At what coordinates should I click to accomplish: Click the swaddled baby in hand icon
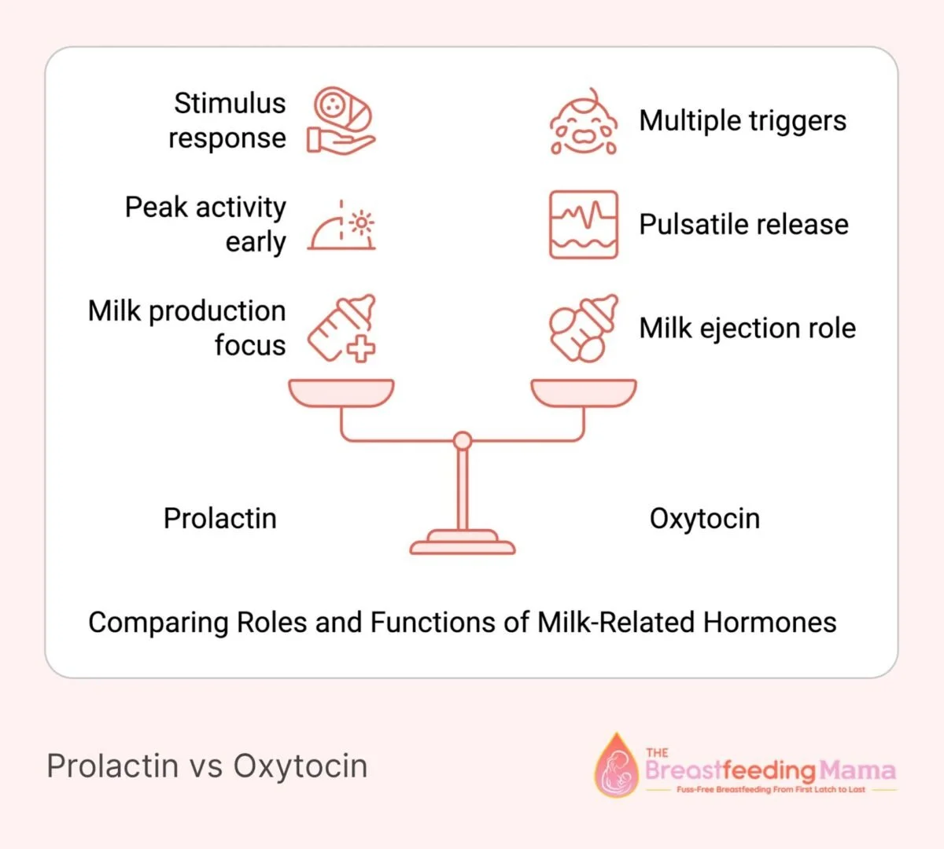(341, 120)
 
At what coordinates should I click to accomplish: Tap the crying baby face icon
(584, 122)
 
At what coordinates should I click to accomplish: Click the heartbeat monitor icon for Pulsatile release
(584, 225)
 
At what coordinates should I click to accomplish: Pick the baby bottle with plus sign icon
(342, 329)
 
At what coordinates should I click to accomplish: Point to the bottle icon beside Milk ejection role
(584, 329)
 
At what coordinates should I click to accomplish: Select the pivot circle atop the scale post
(463, 441)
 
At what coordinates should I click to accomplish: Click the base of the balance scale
(463, 542)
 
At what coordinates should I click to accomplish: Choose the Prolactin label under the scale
(220, 519)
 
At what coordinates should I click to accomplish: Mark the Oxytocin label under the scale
(705, 519)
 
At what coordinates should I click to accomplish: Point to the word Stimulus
(230, 103)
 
